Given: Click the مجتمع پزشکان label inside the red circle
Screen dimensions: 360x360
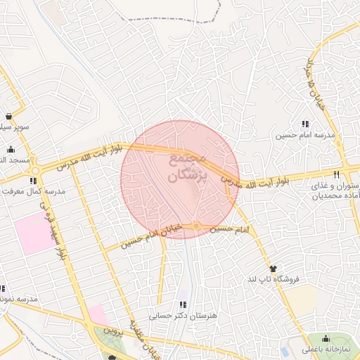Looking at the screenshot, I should [189, 169].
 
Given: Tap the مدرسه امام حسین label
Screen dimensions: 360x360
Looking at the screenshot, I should [306, 134].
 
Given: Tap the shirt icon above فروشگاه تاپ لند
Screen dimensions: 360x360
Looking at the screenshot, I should [273, 269].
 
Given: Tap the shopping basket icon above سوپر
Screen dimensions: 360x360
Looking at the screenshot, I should [8, 117].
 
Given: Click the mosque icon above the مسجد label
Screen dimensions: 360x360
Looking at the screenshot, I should [11, 149].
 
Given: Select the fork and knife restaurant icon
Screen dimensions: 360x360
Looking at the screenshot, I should [337, 174].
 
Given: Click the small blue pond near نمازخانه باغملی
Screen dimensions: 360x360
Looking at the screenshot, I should [285, 351].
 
